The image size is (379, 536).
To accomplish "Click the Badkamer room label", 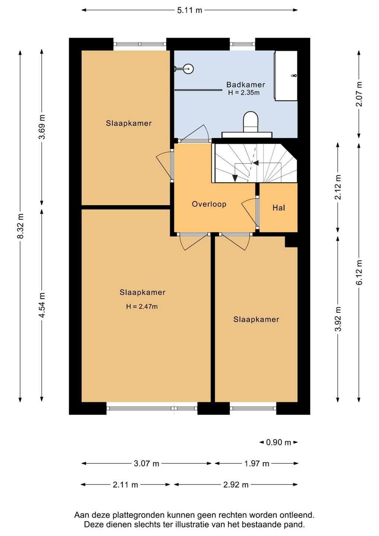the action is coord(245,85).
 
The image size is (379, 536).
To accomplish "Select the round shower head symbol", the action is coord(188,69).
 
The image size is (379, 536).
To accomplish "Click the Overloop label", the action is coord(209,204).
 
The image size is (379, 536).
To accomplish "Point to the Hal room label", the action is coord(279,208).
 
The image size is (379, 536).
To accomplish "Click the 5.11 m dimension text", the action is coord(189,10).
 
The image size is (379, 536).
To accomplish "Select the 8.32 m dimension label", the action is coord(20,226).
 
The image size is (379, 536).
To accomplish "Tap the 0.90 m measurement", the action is coord(278,443).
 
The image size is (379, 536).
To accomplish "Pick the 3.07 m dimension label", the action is coord(146,463).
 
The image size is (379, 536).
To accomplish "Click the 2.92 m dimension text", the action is coord(236,485).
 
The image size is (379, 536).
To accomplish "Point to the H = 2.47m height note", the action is coord(142,306).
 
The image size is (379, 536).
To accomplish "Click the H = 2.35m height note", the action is coord(244,93).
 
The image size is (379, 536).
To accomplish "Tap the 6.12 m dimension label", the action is coord(359,272).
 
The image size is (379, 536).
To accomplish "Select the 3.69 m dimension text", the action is coord(42,127).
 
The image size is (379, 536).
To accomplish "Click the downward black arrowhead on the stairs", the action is coord(235,178).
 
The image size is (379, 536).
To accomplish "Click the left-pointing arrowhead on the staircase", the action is coord(256,163).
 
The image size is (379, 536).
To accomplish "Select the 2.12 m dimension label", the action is coord(338,187).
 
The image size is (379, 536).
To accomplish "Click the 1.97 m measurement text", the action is coord(257,463).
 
